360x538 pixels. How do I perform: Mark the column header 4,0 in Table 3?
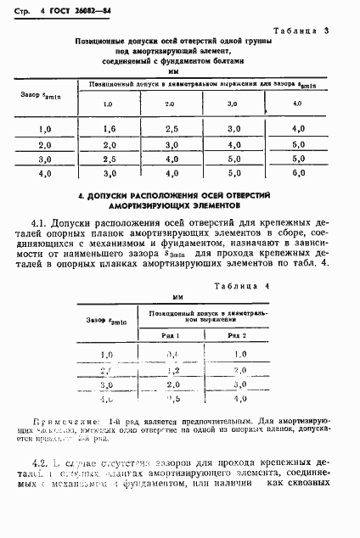(297, 104)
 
